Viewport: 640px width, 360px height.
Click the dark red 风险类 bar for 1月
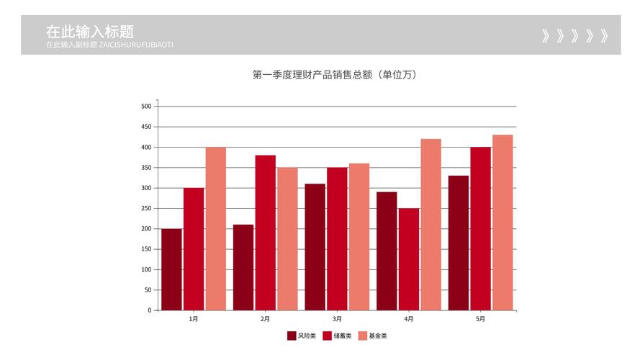click(171, 269)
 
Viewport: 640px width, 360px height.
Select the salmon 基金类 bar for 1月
click(215, 229)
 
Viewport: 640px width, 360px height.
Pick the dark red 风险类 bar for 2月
click(243, 267)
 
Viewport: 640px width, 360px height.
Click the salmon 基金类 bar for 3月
click(359, 237)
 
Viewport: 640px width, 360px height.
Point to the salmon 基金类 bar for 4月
click(431, 225)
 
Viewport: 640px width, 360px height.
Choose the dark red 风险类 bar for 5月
click(459, 243)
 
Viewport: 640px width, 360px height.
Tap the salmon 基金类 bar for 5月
click(502, 222)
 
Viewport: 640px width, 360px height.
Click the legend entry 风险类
click(302, 336)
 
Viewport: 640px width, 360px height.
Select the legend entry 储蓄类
click(338, 336)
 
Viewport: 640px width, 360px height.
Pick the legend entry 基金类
click(373, 336)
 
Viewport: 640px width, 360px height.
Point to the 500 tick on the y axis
click(146, 107)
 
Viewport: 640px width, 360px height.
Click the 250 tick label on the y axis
click(146, 208)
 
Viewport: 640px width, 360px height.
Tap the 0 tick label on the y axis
click(149, 310)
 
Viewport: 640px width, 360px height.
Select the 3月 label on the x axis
click(337, 319)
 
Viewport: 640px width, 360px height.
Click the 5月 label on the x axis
click(480, 319)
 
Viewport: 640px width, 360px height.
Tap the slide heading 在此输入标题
click(90, 32)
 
